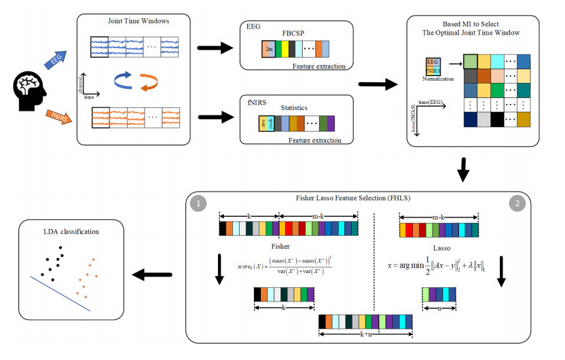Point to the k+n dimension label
(365, 334)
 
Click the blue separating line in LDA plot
(62, 292)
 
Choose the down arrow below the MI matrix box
(463, 170)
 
